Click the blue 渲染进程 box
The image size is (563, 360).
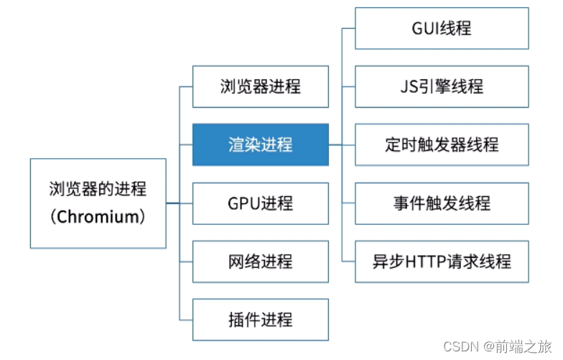260,144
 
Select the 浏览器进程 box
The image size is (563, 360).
260,87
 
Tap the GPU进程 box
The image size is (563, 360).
260,203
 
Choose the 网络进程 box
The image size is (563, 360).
260,262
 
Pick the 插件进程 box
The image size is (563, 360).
260,319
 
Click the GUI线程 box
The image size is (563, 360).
442,28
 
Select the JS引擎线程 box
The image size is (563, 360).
442,86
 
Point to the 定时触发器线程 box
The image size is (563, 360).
442,144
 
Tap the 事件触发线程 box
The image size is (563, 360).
442,203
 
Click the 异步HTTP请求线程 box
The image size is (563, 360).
442,262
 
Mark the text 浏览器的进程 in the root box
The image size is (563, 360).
98,190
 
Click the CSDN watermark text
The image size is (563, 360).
461,346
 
